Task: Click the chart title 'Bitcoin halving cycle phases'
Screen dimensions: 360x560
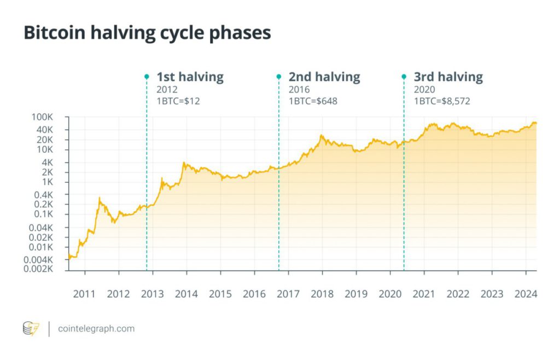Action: click(x=147, y=33)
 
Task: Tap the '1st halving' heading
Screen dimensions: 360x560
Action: click(x=190, y=77)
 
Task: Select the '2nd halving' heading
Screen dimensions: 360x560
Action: click(x=324, y=77)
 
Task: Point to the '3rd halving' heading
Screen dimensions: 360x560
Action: click(x=448, y=77)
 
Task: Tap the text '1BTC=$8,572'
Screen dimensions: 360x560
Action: click(x=442, y=101)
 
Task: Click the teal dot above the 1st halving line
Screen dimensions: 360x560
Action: click(x=147, y=77)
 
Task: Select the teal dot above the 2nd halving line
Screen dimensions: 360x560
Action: click(x=279, y=77)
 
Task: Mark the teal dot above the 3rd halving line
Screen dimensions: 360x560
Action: click(x=404, y=77)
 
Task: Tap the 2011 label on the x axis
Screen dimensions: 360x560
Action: click(x=85, y=294)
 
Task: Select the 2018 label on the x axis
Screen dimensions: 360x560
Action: click(x=322, y=294)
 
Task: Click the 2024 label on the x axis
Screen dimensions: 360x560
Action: click(x=526, y=294)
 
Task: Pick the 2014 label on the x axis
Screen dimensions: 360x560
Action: click(x=186, y=294)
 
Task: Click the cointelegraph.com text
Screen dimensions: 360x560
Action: click(x=96, y=329)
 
